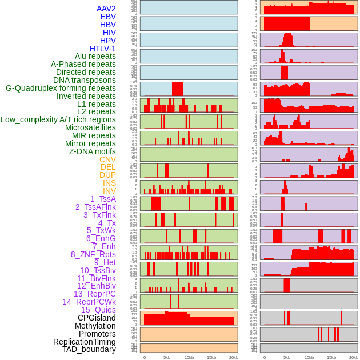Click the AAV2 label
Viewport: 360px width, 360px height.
click(106, 9)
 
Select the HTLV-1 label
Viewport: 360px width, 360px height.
click(102, 49)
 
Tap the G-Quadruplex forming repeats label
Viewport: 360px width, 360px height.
click(61, 88)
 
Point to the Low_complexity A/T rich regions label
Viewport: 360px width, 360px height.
click(58, 119)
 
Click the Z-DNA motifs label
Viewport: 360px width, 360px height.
click(92, 151)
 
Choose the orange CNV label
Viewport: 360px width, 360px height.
click(107, 159)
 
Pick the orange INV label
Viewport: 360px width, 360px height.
click(109, 191)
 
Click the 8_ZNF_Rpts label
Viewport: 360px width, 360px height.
click(93, 254)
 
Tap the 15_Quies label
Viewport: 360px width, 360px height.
click(98, 310)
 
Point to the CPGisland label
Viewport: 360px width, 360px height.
click(97, 318)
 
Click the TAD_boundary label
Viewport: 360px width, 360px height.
click(89, 349)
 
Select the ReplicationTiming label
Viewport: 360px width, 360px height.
click(84, 342)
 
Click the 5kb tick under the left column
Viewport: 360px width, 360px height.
click(167, 357)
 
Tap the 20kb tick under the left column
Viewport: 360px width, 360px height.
click(233, 357)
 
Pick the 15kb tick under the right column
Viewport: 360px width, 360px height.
click(331, 357)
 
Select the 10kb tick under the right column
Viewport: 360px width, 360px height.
click(309, 357)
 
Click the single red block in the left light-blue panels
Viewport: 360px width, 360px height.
click(177, 89)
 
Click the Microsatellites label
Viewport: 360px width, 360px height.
click(90, 127)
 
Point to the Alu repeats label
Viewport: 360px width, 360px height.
click(95, 56)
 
